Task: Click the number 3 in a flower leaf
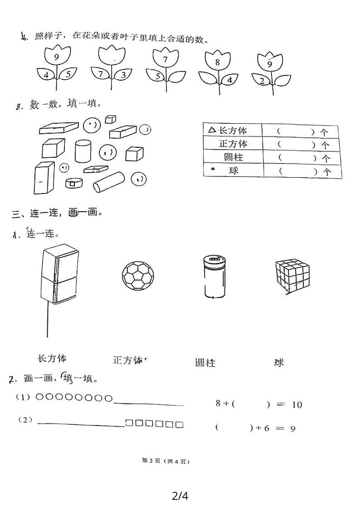coord(123,75)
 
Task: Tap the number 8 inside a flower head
coord(218,63)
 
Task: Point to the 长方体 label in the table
coord(233,131)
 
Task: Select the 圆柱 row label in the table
coord(234,158)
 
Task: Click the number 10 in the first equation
coord(297,405)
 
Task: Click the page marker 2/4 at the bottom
coord(180,496)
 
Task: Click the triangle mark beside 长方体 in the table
coord(212,130)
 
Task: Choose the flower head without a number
coord(111,59)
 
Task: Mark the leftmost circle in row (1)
coord(39,398)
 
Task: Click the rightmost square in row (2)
coord(180,425)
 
